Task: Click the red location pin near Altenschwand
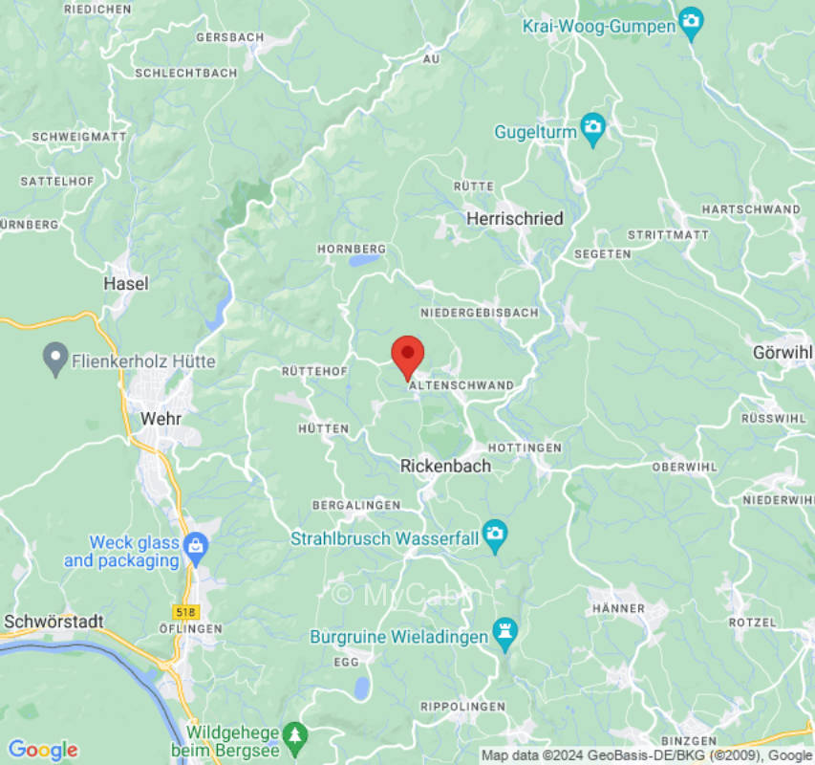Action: [408, 356]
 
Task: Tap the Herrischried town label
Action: [514, 218]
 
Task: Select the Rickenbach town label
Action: [445, 466]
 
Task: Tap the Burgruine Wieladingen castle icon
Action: [504, 631]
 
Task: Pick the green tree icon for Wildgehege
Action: [295, 734]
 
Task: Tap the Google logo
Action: [42, 750]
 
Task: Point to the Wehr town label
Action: [161, 419]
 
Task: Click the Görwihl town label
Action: [782, 352]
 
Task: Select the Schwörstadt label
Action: [54, 622]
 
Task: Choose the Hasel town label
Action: [126, 283]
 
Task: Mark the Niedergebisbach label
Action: [479, 313]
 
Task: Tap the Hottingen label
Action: [525, 448]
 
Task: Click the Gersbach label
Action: [229, 37]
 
